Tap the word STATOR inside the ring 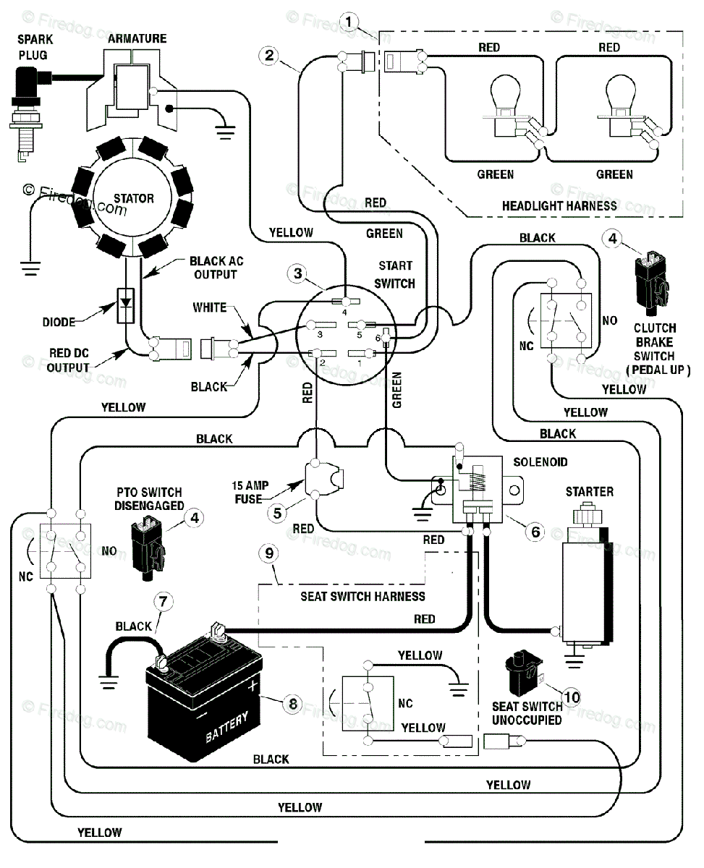pos(134,198)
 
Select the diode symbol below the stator pos(126,306)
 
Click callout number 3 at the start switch pos(298,273)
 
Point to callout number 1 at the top pos(349,21)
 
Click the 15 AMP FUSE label pos(250,492)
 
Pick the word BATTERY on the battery pos(226,727)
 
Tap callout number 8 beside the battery pos(293,704)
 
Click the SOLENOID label pos(540,461)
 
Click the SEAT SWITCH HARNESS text pos(362,596)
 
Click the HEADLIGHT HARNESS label pos(559,206)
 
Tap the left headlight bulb pos(506,105)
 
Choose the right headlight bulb pos(621,105)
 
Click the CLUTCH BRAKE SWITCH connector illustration pos(652,284)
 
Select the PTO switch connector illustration pos(148,548)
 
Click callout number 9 pos(269,553)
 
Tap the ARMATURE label pos(137,38)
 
